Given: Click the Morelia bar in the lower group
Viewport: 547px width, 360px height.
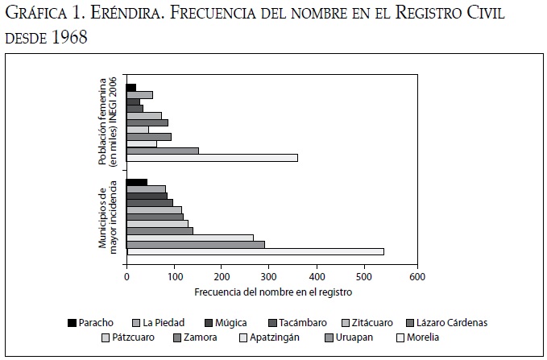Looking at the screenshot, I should [x=255, y=252].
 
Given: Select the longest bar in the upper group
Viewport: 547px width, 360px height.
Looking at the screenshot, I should [x=212, y=158].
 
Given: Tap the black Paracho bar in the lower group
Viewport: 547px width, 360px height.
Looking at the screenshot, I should [x=137, y=183].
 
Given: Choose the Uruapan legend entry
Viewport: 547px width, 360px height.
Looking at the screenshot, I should [x=351, y=337].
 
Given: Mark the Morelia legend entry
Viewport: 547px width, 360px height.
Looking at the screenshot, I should [x=421, y=337].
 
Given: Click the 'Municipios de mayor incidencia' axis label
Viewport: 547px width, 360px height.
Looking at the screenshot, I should [x=109, y=218].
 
